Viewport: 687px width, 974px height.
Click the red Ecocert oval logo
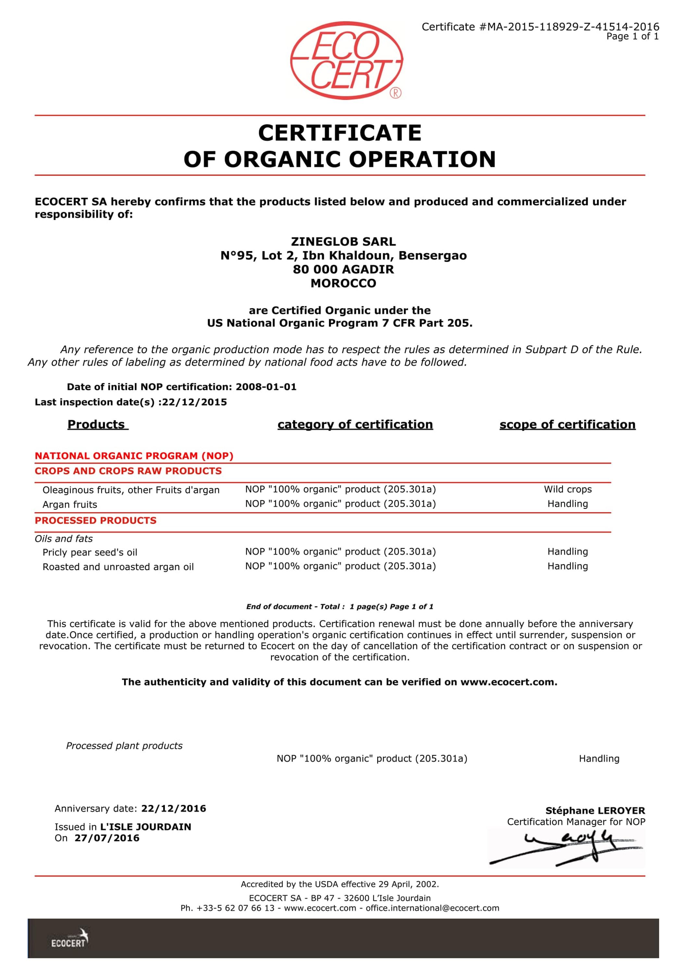click(346, 60)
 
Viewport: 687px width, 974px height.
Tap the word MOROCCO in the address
click(343, 283)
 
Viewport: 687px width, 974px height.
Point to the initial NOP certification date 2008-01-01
click(266, 387)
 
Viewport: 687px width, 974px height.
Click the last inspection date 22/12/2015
click(194, 402)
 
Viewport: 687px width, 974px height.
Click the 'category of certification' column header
click(355, 424)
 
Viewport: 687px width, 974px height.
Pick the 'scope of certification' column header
click(567, 424)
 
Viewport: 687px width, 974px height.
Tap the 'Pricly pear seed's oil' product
click(90, 552)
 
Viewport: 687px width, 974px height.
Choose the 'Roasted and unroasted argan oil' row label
click(118, 567)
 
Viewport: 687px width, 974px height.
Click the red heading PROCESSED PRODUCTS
click(95, 520)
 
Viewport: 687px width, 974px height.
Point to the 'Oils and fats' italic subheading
click(64, 539)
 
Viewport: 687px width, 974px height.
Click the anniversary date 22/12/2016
click(174, 808)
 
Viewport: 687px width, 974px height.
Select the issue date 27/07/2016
click(107, 838)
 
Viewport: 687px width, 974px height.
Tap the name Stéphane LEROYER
click(595, 811)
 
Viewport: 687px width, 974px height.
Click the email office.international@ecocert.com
click(432, 908)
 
